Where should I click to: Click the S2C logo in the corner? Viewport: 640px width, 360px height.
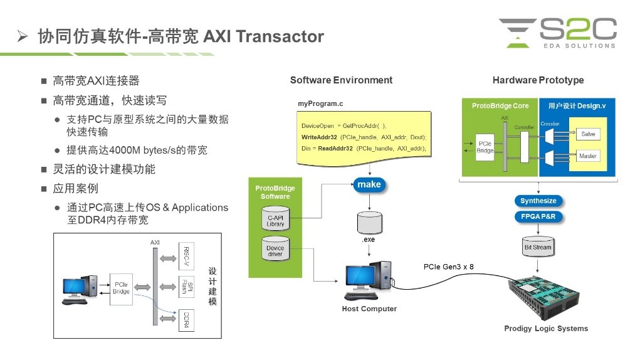click(558, 33)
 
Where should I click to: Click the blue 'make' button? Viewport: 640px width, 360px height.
click(369, 184)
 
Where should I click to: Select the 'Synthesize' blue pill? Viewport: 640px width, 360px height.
click(538, 201)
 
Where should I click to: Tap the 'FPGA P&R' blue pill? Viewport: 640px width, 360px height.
click(538, 217)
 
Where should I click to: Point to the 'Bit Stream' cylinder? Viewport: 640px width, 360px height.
click(537, 246)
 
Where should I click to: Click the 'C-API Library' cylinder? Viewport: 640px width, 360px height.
click(275, 220)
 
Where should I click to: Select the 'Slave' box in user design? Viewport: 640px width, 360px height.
click(587, 134)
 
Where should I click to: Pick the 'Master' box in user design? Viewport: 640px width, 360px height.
click(587, 156)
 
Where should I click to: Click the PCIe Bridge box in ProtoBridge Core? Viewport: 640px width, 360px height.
click(486, 147)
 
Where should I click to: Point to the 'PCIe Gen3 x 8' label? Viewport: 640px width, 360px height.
click(449, 267)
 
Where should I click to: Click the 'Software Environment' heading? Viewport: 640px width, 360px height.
click(341, 80)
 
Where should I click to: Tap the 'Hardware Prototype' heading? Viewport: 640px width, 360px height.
click(538, 80)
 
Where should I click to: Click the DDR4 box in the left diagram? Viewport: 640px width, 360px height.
click(186, 321)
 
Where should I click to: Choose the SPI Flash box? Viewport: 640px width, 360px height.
click(186, 288)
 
